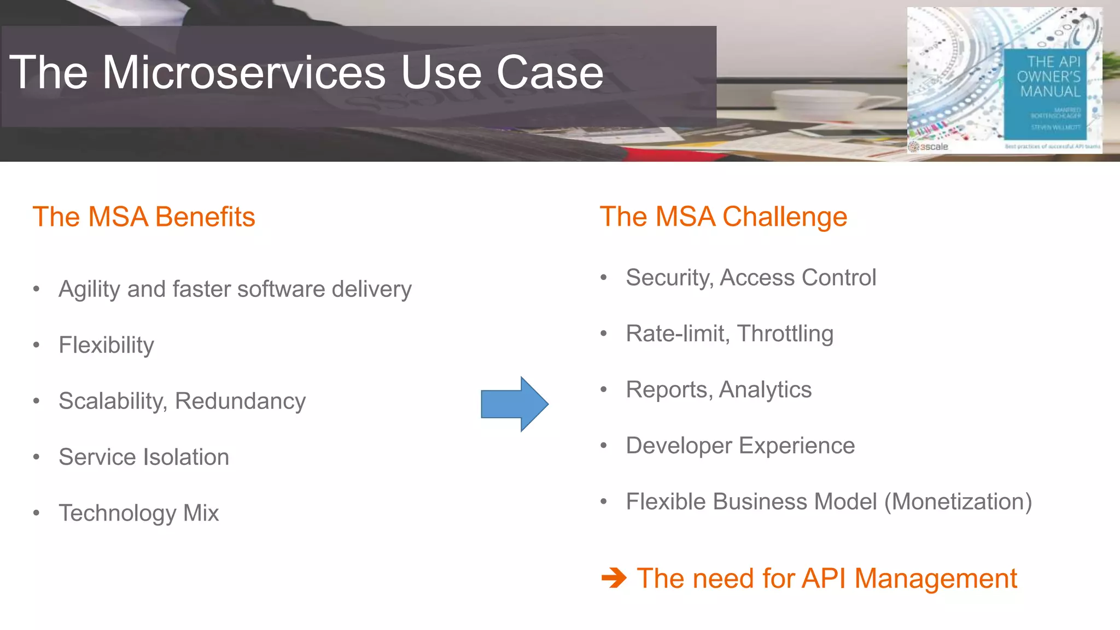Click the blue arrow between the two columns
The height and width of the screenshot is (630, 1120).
coord(514,404)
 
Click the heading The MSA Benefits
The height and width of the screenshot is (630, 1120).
coord(144,217)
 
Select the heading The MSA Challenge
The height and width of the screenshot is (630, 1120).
coord(723,217)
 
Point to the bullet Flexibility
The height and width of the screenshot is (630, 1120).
coord(106,345)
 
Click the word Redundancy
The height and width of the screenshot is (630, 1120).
coord(240,401)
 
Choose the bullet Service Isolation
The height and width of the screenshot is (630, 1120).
coord(144,457)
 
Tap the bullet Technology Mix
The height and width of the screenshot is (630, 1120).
coord(138,513)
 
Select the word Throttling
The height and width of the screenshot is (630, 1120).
coord(785,334)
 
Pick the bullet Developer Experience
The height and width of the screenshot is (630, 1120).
coord(740,446)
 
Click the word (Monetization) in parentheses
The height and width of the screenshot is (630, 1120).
coord(958,501)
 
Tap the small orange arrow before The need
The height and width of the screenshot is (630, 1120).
coord(614,578)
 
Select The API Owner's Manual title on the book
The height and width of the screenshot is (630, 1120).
coord(1049,77)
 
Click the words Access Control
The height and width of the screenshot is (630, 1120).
coord(798,278)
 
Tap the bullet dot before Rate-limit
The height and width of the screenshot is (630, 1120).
coord(604,334)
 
